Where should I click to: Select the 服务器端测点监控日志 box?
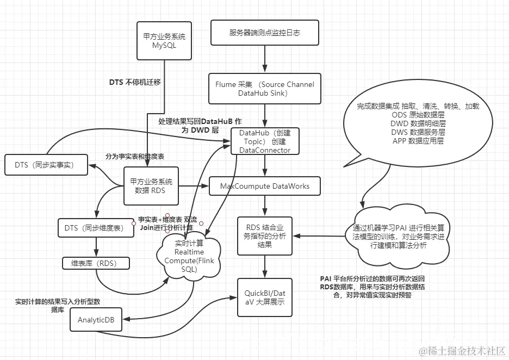[265, 33]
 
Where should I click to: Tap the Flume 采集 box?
[265, 89]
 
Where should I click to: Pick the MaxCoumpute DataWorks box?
[265, 186]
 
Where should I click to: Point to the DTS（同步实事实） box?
[46, 165]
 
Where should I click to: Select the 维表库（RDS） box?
[96, 263]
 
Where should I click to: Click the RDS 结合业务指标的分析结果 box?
[265, 236]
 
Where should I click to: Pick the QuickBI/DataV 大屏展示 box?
[265, 297]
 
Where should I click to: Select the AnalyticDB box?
[96, 320]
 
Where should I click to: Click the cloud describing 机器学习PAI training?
[398, 236]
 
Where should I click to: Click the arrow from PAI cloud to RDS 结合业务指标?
[321, 236]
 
